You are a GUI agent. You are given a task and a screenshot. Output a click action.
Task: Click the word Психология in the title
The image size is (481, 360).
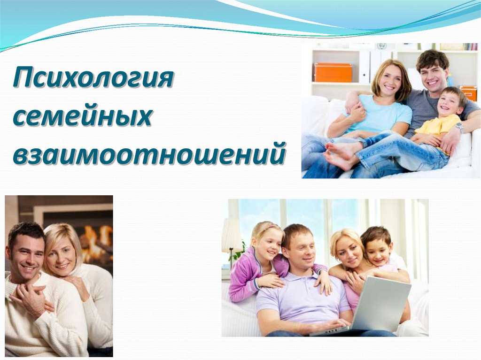(x=93, y=79)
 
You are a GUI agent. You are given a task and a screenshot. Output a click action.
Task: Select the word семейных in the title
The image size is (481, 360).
(x=83, y=116)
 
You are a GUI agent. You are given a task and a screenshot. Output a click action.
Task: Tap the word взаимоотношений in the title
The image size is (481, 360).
(x=149, y=153)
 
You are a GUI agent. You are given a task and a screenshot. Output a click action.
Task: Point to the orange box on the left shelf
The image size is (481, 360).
(x=333, y=72)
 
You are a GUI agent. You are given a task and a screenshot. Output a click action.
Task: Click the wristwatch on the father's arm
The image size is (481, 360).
(x=459, y=127)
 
